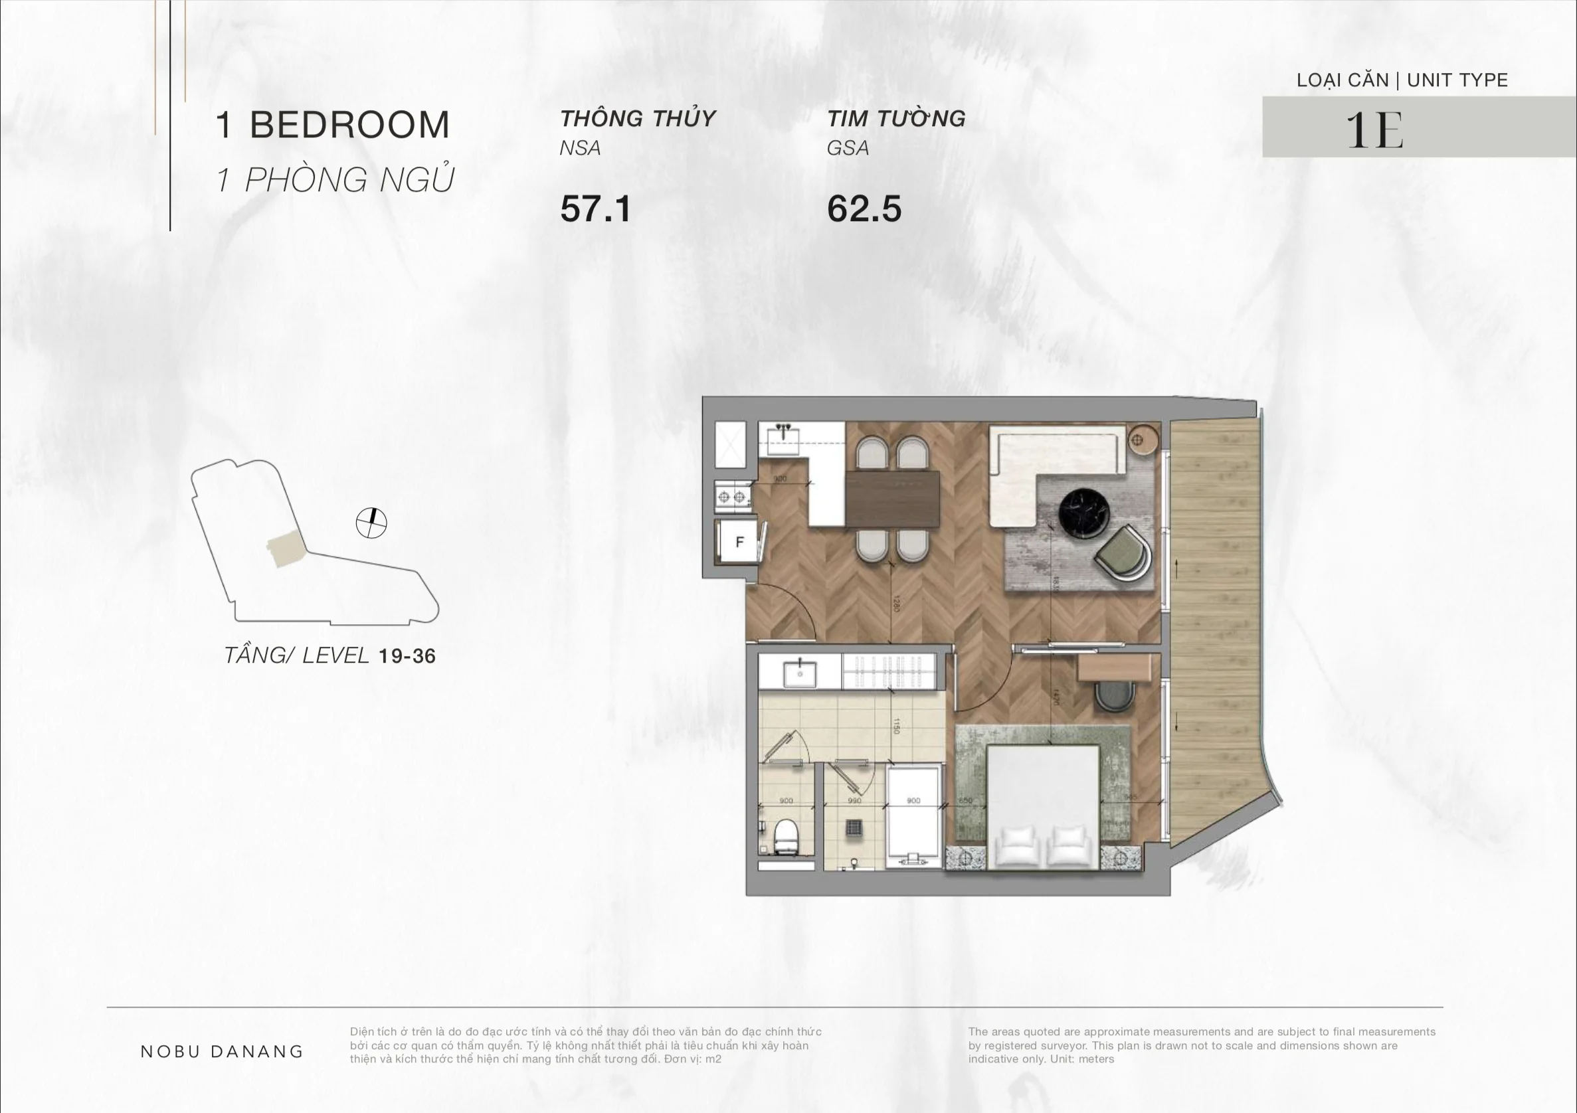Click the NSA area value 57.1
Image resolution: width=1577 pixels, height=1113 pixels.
[595, 209]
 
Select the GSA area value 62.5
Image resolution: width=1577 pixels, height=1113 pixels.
[864, 209]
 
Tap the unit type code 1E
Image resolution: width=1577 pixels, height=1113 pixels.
[1374, 129]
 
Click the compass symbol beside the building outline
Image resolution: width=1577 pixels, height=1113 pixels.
[371, 523]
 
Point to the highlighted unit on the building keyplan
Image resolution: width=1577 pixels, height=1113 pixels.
[285, 549]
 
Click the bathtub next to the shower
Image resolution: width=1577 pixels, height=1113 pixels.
[913, 817]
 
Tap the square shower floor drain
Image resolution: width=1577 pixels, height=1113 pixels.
[854, 828]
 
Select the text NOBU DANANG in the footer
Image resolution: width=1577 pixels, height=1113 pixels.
[222, 1051]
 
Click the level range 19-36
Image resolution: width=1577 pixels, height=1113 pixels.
[407, 656]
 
